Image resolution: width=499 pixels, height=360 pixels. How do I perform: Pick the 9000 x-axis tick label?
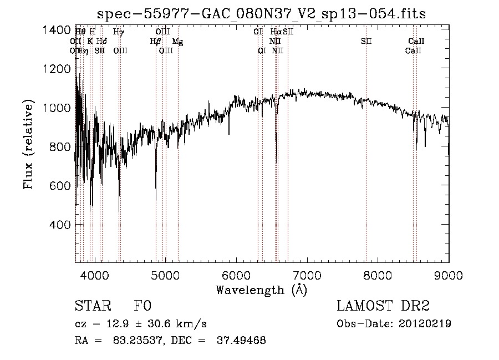point(448,274)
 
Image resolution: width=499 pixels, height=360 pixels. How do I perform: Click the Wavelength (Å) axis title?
point(261,290)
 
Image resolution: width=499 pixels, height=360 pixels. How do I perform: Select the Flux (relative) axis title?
point(29,145)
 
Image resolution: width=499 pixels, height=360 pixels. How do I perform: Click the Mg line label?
point(176,41)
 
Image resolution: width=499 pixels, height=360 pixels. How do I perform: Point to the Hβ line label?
point(155,41)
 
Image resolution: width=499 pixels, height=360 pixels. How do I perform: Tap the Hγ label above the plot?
point(118,32)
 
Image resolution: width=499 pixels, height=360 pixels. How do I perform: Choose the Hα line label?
point(275,32)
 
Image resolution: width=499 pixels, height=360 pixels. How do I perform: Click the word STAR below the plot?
point(91,306)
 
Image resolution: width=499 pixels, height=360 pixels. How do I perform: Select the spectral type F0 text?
point(142,306)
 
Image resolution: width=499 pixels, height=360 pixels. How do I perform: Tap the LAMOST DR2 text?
point(383,306)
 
